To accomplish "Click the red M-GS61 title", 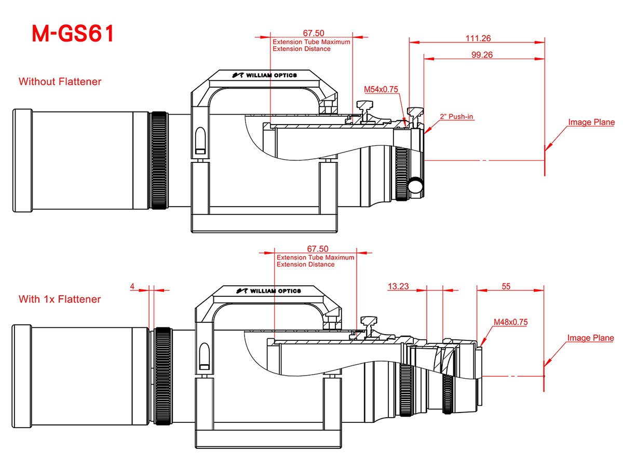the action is click(73, 33).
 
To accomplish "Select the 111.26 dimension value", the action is click(478, 38).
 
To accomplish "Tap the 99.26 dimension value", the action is click(482, 54).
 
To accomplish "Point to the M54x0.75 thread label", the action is click(381, 89).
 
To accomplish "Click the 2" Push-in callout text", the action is click(456, 116).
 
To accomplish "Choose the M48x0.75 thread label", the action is click(510, 322).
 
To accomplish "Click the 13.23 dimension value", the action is click(398, 286).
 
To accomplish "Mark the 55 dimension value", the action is click(506, 286).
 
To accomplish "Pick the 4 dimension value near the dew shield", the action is click(132, 286).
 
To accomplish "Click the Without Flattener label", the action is click(60, 81).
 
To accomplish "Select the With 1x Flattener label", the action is click(60, 299).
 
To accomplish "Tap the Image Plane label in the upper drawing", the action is click(591, 122).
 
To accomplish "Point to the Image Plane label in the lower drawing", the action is click(590, 338).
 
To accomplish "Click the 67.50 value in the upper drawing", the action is click(314, 33).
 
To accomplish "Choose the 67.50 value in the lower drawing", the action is click(318, 249).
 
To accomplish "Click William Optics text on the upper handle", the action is click(272, 75).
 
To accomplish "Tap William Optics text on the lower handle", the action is click(275, 291).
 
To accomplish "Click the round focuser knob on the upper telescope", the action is click(415, 185).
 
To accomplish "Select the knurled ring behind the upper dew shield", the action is click(159, 160).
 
